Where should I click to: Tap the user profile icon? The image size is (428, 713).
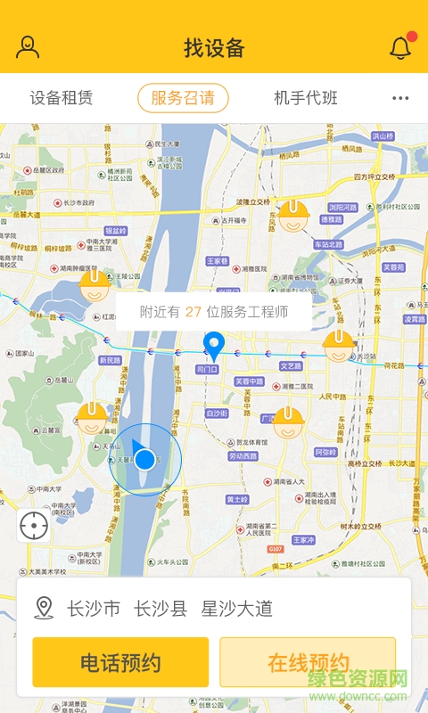coord(28,47)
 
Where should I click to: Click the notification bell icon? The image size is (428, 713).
coord(400,48)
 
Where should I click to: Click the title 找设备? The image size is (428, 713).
coord(214,48)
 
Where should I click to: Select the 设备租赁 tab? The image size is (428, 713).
coord(62,98)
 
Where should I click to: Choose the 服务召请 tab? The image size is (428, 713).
coord(183,98)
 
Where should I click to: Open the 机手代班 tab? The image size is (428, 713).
coord(306,98)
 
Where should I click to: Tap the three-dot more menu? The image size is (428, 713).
coord(400,99)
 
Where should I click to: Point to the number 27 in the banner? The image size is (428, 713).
coord(193,312)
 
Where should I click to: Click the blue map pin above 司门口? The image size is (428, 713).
coord(214,345)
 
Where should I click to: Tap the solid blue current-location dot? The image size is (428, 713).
coord(144,460)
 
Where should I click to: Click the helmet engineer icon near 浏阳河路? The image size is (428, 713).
coord(292,216)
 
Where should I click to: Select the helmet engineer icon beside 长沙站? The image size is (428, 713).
coord(338,345)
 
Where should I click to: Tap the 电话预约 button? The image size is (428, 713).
coord(120,662)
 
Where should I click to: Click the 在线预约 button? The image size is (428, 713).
coord(308,662)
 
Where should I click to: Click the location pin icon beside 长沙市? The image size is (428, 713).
coord(44,609)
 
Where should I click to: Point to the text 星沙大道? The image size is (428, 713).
coord(236,609)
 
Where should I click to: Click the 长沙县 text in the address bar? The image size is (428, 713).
coord(160,609)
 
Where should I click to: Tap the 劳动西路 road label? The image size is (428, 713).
coord(243,456)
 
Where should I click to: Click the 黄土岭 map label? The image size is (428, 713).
coord(236,499)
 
